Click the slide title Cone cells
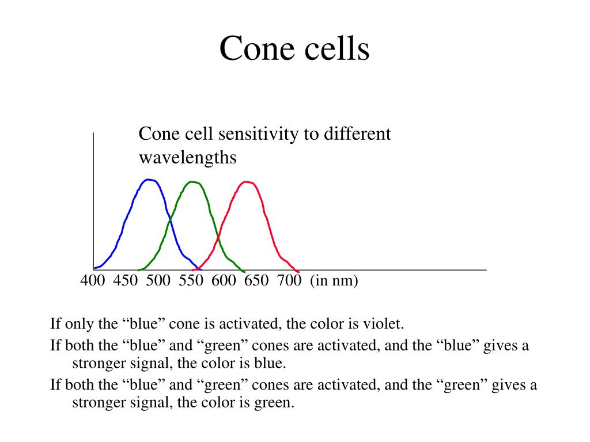(294, 48)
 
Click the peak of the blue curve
(149, 180)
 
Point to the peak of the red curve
(247, 182)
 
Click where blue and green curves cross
(170, 219)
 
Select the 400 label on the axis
(92, 281)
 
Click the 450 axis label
(125, 281)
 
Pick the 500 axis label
(158, 281)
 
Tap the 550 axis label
(191, 281)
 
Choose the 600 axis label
(224, 281)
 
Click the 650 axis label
(256, 281)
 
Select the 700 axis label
(289, 281)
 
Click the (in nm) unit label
(334, 281)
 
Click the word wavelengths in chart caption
(188, 158)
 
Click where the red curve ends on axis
(297, 271)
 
